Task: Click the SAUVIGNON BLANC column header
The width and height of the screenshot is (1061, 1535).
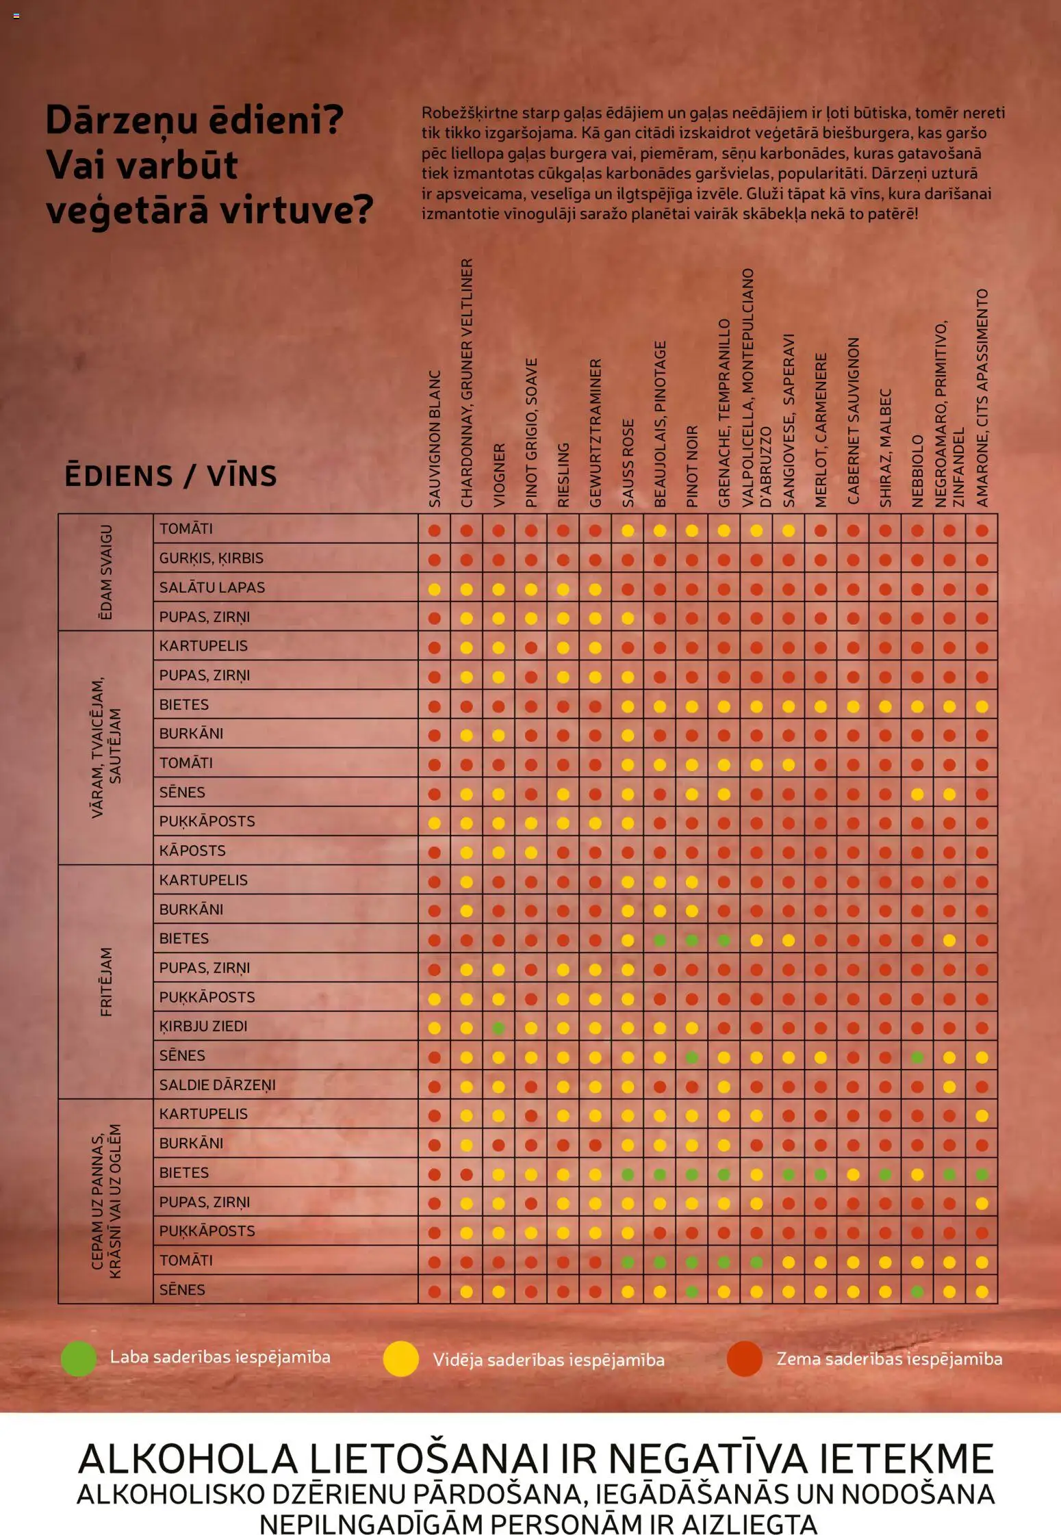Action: pyautogui.click(x=435, y=439)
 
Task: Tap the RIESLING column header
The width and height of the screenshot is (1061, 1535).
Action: pyautogui.click(x=563, y=475)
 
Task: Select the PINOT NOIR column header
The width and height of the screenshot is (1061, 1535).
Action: pyautogui.click(x=692, y=466)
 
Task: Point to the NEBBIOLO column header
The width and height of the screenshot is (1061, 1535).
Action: pyautogui.click(x=917, y=471)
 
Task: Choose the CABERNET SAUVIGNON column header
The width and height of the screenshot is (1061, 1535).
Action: pyautogui.click(x=853, y=422)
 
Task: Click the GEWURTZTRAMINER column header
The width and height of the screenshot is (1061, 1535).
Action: pyautogui.click(x=596, y=433)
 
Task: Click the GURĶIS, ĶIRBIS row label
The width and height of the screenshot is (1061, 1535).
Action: pyautogui.click(x=211, y=558)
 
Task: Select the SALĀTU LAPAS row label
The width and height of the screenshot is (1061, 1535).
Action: pyautogui.click(x=212, y=587)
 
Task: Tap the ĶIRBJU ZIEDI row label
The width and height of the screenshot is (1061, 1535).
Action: pyautogui.click(x=203, y=1027)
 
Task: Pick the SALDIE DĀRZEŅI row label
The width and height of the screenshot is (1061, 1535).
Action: pyautogui.click(x=218, y=1085)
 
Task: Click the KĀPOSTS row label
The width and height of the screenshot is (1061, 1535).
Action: pyautogui.click(x=192, y=851)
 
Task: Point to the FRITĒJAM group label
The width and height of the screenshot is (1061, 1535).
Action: pyautogui.click(x=106, y=982)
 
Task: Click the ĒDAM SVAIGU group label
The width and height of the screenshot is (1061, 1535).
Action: pyautogui.click(x=105, y=572)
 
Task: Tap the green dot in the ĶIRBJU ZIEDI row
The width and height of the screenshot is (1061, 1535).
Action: pyautogui.click(x=499, y=1028)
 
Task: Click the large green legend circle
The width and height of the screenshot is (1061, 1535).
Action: pyautogui.click(x=78, y=1358)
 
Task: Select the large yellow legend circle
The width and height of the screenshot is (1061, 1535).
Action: pyautogui.click(x=400, y=1358)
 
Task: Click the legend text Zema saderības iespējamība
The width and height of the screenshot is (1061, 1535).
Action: pyautogui.click(x=889, y=1359)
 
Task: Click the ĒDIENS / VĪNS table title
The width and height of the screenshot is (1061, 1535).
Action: pyautogui.click(x=170, y=476)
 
